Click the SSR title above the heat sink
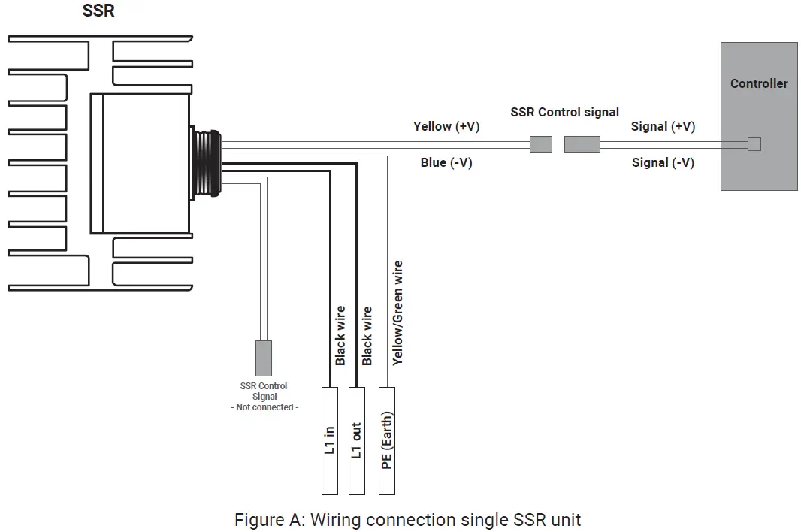(x=98, y=12)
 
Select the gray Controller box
(x=759, y=116)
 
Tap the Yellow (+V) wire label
(x=446, y=127)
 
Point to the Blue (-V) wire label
(x=446, y=162)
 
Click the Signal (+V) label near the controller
(x=663, y=127)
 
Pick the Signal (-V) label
(x=663, y=162)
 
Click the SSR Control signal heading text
(x=564, y=112)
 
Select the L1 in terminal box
(x=330, y=440)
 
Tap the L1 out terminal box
(x=357, y=440)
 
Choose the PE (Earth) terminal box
(x=387, y=440)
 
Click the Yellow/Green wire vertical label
(x=397, y=313)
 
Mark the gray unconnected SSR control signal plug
(x=264, y=358)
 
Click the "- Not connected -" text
(x=264, y=407)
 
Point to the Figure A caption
(x=407, y=519)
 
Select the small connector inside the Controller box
(x=754, y=144)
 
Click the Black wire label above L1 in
(x=340, y=335)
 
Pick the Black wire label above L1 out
(x=367, y=335)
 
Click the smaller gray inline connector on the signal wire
(x=540, y=144)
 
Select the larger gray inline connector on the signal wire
(x=582, y=144)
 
